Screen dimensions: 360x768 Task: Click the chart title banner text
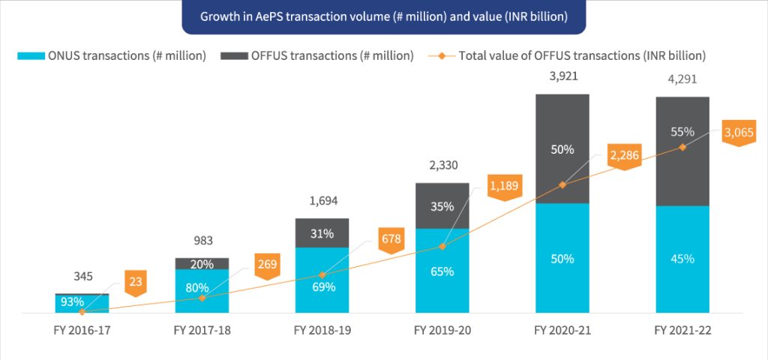[x=383, y=16]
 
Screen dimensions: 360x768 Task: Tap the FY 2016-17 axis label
[x=82, y=330]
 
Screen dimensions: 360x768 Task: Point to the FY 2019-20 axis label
[x=442, y=330]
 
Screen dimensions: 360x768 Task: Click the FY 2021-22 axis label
[x=682, y=330]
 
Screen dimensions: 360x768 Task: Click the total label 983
[x=202, y=241]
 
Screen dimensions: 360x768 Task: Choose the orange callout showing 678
[x=391, y=240]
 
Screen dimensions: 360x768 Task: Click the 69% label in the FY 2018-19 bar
[x=322, y=286]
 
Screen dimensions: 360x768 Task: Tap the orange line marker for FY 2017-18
[x=202, y=298]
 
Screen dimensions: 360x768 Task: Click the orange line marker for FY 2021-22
[x=682, y=147]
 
